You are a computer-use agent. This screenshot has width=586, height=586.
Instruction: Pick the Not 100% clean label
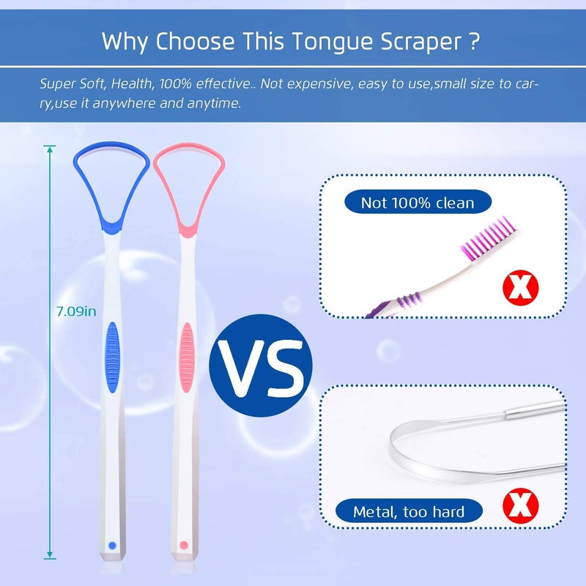click(x=418, y=203)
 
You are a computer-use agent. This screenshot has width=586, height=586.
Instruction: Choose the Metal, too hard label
click(x=409, y=511)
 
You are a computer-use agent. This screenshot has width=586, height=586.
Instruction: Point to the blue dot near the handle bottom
click(x=111, y=545)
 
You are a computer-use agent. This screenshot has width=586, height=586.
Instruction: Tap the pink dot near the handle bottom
click(x=183, y=546)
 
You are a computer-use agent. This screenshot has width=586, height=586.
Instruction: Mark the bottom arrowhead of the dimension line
click(x=50, y=555)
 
